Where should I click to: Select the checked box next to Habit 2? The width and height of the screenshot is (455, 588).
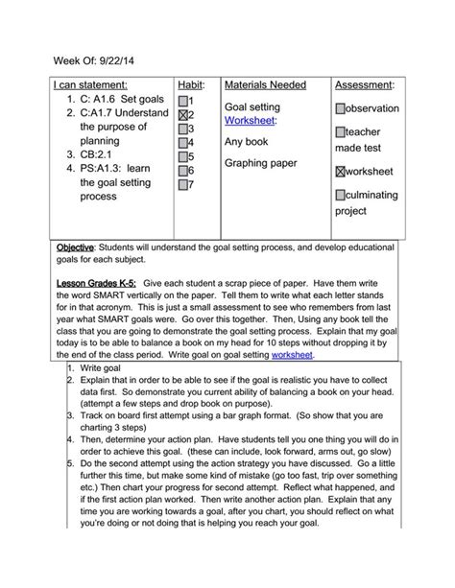184,114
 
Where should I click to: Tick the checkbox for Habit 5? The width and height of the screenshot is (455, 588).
184,156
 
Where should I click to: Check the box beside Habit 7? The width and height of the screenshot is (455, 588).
184,184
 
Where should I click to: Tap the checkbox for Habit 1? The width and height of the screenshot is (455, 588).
184,101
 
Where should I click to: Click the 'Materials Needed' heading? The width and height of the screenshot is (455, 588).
265,85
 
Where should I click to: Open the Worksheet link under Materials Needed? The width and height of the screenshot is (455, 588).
250,121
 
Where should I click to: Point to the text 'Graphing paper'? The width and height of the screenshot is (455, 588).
261,163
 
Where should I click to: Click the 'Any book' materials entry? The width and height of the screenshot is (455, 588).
248,142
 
